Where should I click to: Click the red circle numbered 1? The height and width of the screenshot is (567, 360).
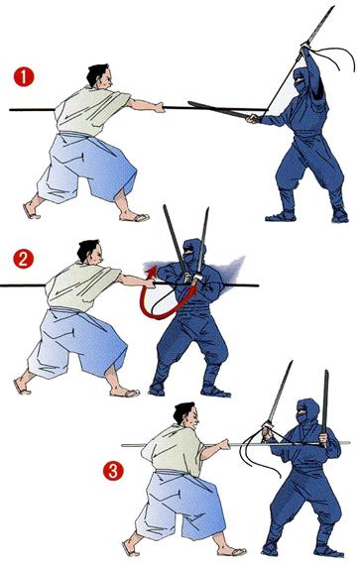tap(24, 77)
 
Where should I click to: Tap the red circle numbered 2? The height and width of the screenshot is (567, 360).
tap(23, 259)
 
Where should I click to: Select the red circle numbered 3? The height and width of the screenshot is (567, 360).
tap(113, 471)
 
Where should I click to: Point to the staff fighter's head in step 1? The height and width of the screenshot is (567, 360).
tap(99, 76)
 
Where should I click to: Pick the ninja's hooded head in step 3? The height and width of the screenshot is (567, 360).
tap(307, 411)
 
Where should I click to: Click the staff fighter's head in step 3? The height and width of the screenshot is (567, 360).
tap(186, 416)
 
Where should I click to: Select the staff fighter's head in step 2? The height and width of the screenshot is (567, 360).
tap(90, 252)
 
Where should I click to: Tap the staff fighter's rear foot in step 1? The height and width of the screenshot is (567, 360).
tap(31, 211)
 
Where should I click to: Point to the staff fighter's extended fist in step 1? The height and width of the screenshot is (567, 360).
tap(159, 107)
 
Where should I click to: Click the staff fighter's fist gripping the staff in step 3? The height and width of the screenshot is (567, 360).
tap(224, 444)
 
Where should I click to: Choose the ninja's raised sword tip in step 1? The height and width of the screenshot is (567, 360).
tap(333, 7)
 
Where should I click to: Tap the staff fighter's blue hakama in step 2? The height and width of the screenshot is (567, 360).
tap(77, 344)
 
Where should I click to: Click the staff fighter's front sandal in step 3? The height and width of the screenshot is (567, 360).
tap(232, 551)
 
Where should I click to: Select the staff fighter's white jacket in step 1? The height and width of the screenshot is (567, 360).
tap(90, 111)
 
